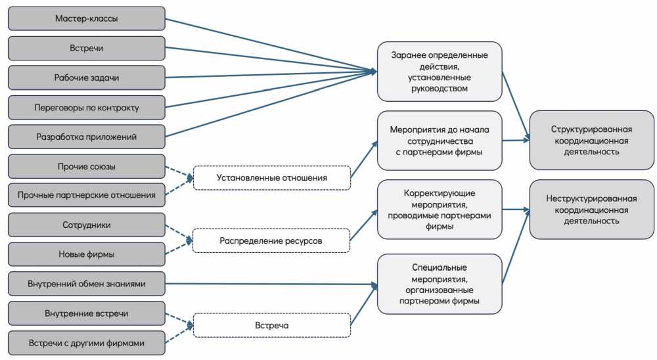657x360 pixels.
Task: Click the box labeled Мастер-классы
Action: pos(86,18)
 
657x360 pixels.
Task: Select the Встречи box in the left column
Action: pos(86,48)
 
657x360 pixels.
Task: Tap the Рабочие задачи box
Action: pos(86,78)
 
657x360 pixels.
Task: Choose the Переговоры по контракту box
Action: pos(86,107)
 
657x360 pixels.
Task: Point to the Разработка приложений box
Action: pos(86,137)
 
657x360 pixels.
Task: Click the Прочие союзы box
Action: pos(86,166)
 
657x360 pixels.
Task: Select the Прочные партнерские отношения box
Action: pos(86,195)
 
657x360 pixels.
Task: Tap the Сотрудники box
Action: pos(86,225)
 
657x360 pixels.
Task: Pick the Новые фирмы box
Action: pos(86,254)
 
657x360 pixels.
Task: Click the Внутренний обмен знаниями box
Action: pos(86,284)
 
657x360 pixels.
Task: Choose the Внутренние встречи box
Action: pos(86,313)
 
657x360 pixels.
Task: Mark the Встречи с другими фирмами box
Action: pos(86,343)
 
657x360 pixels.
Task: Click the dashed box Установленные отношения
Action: pos(271,178)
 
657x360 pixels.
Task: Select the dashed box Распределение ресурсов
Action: pos(271,241)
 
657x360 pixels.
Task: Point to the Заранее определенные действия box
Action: pos(440,72)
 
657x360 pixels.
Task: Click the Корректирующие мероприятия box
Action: pos(440,210)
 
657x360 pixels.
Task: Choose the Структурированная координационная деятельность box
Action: pos(591,140)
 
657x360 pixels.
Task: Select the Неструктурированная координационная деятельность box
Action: pos(591,210)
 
